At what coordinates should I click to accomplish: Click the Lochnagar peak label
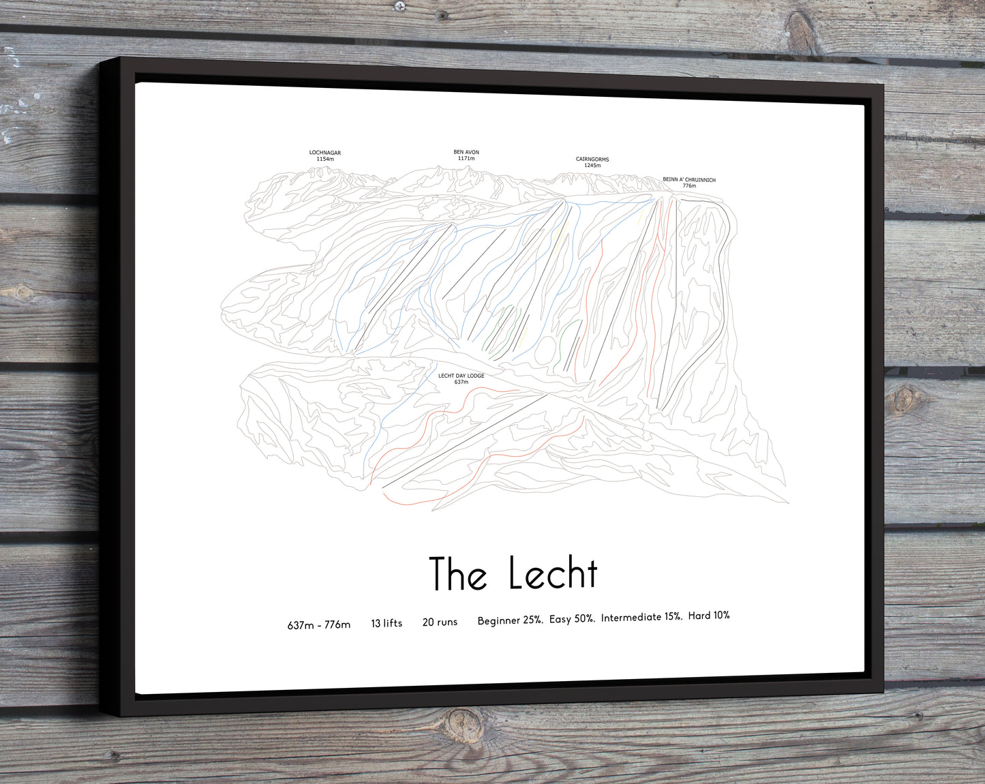(x=325, y=153)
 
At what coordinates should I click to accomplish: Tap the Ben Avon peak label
(x=466, y=152)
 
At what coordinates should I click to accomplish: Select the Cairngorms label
(x=592, y=160)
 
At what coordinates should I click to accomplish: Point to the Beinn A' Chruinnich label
(x=689, y=180)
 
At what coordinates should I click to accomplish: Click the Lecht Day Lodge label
(x=461, y=376)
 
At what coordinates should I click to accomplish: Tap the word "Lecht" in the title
(x=553, y=573)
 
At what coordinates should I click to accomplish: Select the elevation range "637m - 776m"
(x=319, y=624)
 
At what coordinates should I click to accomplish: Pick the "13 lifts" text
(x=387, y=623)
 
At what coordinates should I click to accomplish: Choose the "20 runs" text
(x=440, y=622)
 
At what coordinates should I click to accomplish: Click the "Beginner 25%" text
(x=510, y=620)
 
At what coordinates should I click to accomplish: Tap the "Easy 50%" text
(x=572, y=619)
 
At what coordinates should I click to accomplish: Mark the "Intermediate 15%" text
(x=641, y=617)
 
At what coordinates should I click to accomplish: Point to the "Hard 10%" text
(x=709, y=616)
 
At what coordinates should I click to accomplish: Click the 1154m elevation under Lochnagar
(x=325, y=159)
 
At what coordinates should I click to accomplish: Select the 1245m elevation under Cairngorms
(x=592, y=166)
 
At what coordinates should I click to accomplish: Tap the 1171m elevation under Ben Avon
(x=466, y=158)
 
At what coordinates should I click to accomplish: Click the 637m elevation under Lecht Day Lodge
(x=461, y=382)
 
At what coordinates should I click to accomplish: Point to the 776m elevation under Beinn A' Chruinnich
(x=689, y=186)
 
